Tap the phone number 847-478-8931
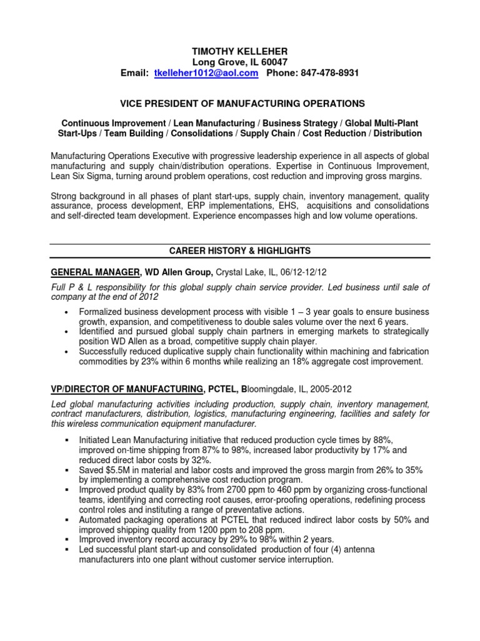tap(326, 73)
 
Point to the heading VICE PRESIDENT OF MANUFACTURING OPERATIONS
tap(239, 103)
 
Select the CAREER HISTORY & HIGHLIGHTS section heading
tap(239, 250)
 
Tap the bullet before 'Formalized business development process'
tap(66, 312)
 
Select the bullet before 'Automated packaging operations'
tap(66, 520)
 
